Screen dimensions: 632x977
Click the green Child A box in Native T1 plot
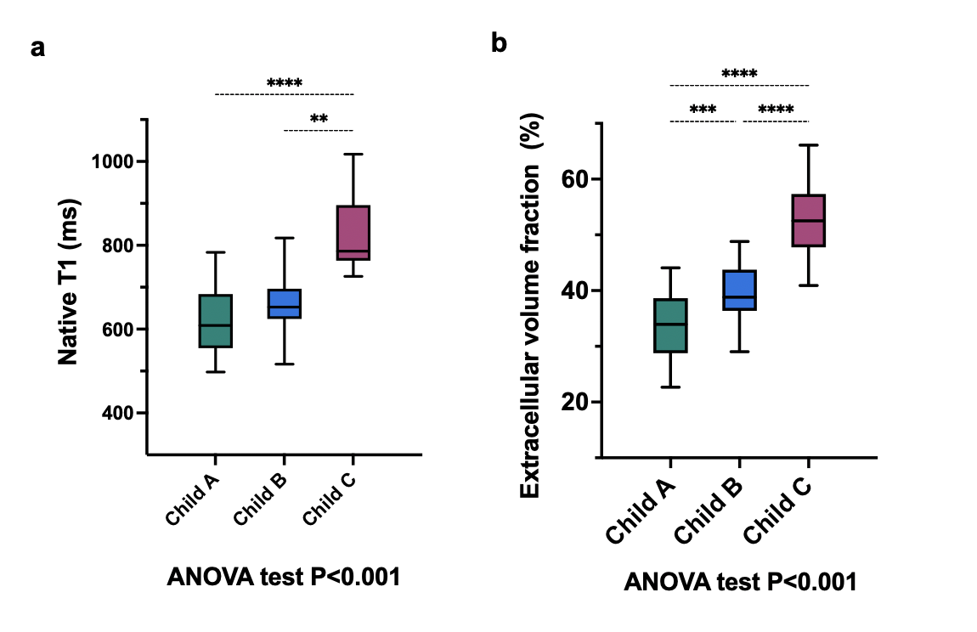click(215, 321)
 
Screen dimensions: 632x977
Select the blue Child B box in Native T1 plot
click(284, 303)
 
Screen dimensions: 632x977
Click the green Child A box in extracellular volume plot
click(670, 325)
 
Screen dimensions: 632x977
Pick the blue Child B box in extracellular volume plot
click(739, 291)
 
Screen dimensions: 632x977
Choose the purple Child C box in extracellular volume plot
click(808, 221)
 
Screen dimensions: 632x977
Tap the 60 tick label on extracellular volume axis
click(574, 179)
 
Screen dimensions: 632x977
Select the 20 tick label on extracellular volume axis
click(574, 402)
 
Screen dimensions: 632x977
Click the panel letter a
click(37, 48)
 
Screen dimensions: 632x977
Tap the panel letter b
click(499, 42)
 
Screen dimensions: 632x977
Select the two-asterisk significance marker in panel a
click(319, 120)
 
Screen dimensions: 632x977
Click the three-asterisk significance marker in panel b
click(703, 110)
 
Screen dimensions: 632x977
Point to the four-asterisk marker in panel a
click(285, 83)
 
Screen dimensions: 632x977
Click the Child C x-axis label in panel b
click(777, 510)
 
